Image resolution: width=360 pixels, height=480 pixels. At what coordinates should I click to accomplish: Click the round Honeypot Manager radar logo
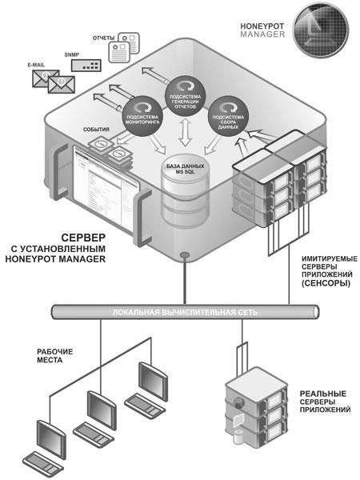pyautogui.click(x=321, y=30)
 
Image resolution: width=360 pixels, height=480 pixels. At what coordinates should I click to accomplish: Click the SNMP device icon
pyautogui.click(x=86, y=66)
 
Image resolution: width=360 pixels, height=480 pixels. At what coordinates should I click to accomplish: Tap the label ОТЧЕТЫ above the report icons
pyautogui.click(x=103, y=38)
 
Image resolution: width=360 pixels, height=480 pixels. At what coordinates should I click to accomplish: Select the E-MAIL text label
pyautogui.click(x=36, y=65)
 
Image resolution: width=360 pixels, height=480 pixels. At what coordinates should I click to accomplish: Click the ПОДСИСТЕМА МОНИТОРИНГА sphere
pyautogui.click(x=142, y=116)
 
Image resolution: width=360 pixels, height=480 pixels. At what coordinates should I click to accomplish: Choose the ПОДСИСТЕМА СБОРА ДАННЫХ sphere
pyautogui.click(x=228, y=116)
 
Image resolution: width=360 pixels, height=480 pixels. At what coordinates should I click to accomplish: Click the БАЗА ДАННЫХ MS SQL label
pyautogui.click(x=185, y=169)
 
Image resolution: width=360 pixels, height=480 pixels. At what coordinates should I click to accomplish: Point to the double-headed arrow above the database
pyautogui.click(x=185, y=133)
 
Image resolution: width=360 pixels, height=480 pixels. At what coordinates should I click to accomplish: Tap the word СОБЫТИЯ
pyautogui.click(x=96, y=130)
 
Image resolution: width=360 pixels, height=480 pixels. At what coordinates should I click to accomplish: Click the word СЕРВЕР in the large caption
pyautogui.click(x=83, y=238)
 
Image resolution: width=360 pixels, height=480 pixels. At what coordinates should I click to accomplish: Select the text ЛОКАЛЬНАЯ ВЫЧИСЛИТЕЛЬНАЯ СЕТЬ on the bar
pyautogui.click(x=185, y=313)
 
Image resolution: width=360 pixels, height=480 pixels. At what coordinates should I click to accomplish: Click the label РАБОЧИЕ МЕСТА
pyautogui.click(x=54, y=356)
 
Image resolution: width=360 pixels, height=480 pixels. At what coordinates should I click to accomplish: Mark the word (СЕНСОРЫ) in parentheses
pyautogui.click(x=326, y=283)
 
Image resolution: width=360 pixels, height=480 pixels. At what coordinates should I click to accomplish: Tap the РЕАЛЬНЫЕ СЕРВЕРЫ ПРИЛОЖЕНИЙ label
pyautogui.click(x=325, y=402)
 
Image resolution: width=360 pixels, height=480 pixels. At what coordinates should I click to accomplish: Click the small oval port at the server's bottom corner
pyautogui.click(x=185, y=254)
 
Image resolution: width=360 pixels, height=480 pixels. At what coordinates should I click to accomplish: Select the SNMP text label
pyautogui.click(x=72, y=54)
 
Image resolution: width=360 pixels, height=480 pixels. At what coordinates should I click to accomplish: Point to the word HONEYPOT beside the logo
pyautogui.click(x=262, y=26)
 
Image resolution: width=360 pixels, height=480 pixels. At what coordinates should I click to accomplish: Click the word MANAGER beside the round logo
pyautogui.click(x=262, y=34)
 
